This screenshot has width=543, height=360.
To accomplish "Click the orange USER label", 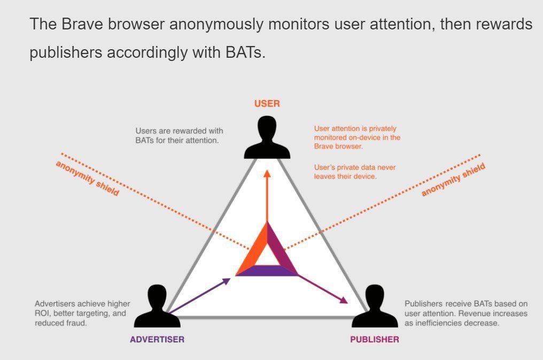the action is pos(267,104).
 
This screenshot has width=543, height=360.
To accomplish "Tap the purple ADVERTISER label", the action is pos(157,340).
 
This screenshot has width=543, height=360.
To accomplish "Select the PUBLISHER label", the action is pos(375,340).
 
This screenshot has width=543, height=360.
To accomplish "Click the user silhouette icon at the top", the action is pos(267,137).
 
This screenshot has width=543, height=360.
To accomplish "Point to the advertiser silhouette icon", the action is pos(157,307).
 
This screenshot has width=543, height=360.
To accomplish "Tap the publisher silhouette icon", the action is pos(375,307).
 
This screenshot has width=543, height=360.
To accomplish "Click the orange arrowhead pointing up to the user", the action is pos(267,174).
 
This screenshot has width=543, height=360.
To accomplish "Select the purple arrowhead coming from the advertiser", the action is pos(226,281).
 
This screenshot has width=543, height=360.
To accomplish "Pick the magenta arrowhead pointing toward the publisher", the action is pos(344,300).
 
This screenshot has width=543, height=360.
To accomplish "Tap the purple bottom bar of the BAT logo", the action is pos(267,271).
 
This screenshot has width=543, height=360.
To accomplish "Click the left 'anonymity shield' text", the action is pos(87,179).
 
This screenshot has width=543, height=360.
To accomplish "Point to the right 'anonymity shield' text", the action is pos(453,180).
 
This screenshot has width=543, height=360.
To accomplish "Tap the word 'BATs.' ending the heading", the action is pos(245,52).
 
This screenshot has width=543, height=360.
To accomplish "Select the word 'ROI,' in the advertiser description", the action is pos(43,313).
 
